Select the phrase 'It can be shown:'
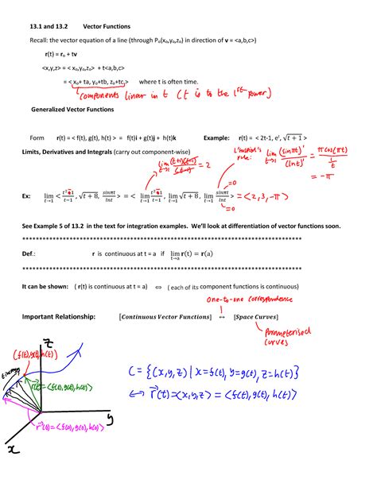tap(45, 284)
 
